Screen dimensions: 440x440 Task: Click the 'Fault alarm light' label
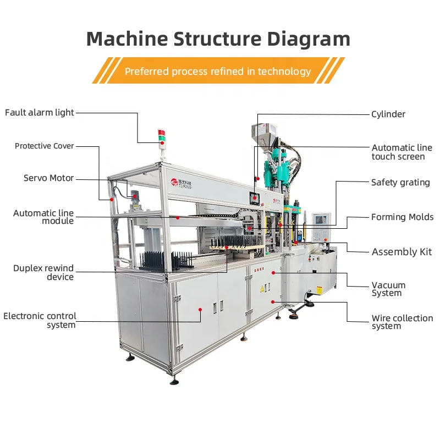pyautogui.click(x=39, y=113)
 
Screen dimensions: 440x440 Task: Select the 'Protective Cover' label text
pyautogui.click(x=44, y=146)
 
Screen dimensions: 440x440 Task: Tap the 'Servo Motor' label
pyautogui.click(x=48, y=178)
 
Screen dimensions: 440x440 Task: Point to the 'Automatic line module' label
pyautogui.click(x=43, y=217)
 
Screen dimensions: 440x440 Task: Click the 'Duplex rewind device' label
pyautogui.click(x=43, y=272)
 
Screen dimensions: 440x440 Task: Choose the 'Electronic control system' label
pyautogui.click(x=40, y=320)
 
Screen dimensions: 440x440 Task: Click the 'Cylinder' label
pyautogui.click(x=388, y=114)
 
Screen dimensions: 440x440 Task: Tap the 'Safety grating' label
pyautogui.click(x=400, y=183)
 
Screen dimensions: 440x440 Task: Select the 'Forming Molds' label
pyautogui.click(x=402, y=217)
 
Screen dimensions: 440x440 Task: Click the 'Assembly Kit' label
pyautogui.click(x=402, y=252)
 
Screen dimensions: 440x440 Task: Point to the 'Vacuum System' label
pyautogui.click(x=388, y=289)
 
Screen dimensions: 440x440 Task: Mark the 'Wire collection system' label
pyautogui.click(x=402, y=322)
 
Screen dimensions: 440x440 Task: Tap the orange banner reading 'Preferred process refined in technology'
pyautogui.click(x=218, y=71)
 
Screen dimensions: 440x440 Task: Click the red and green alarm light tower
pyautogui.click(x=162, y=137)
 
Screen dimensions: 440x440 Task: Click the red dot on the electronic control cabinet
pyautogui.click(x=200, y=310)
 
